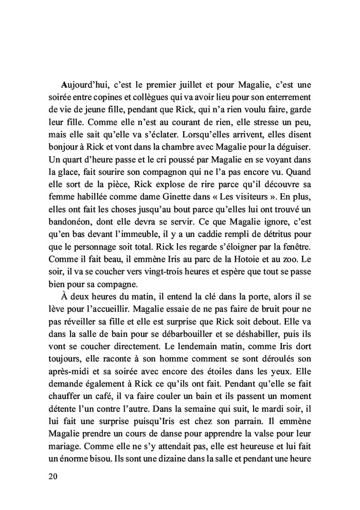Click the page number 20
click(x=52, y=477)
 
